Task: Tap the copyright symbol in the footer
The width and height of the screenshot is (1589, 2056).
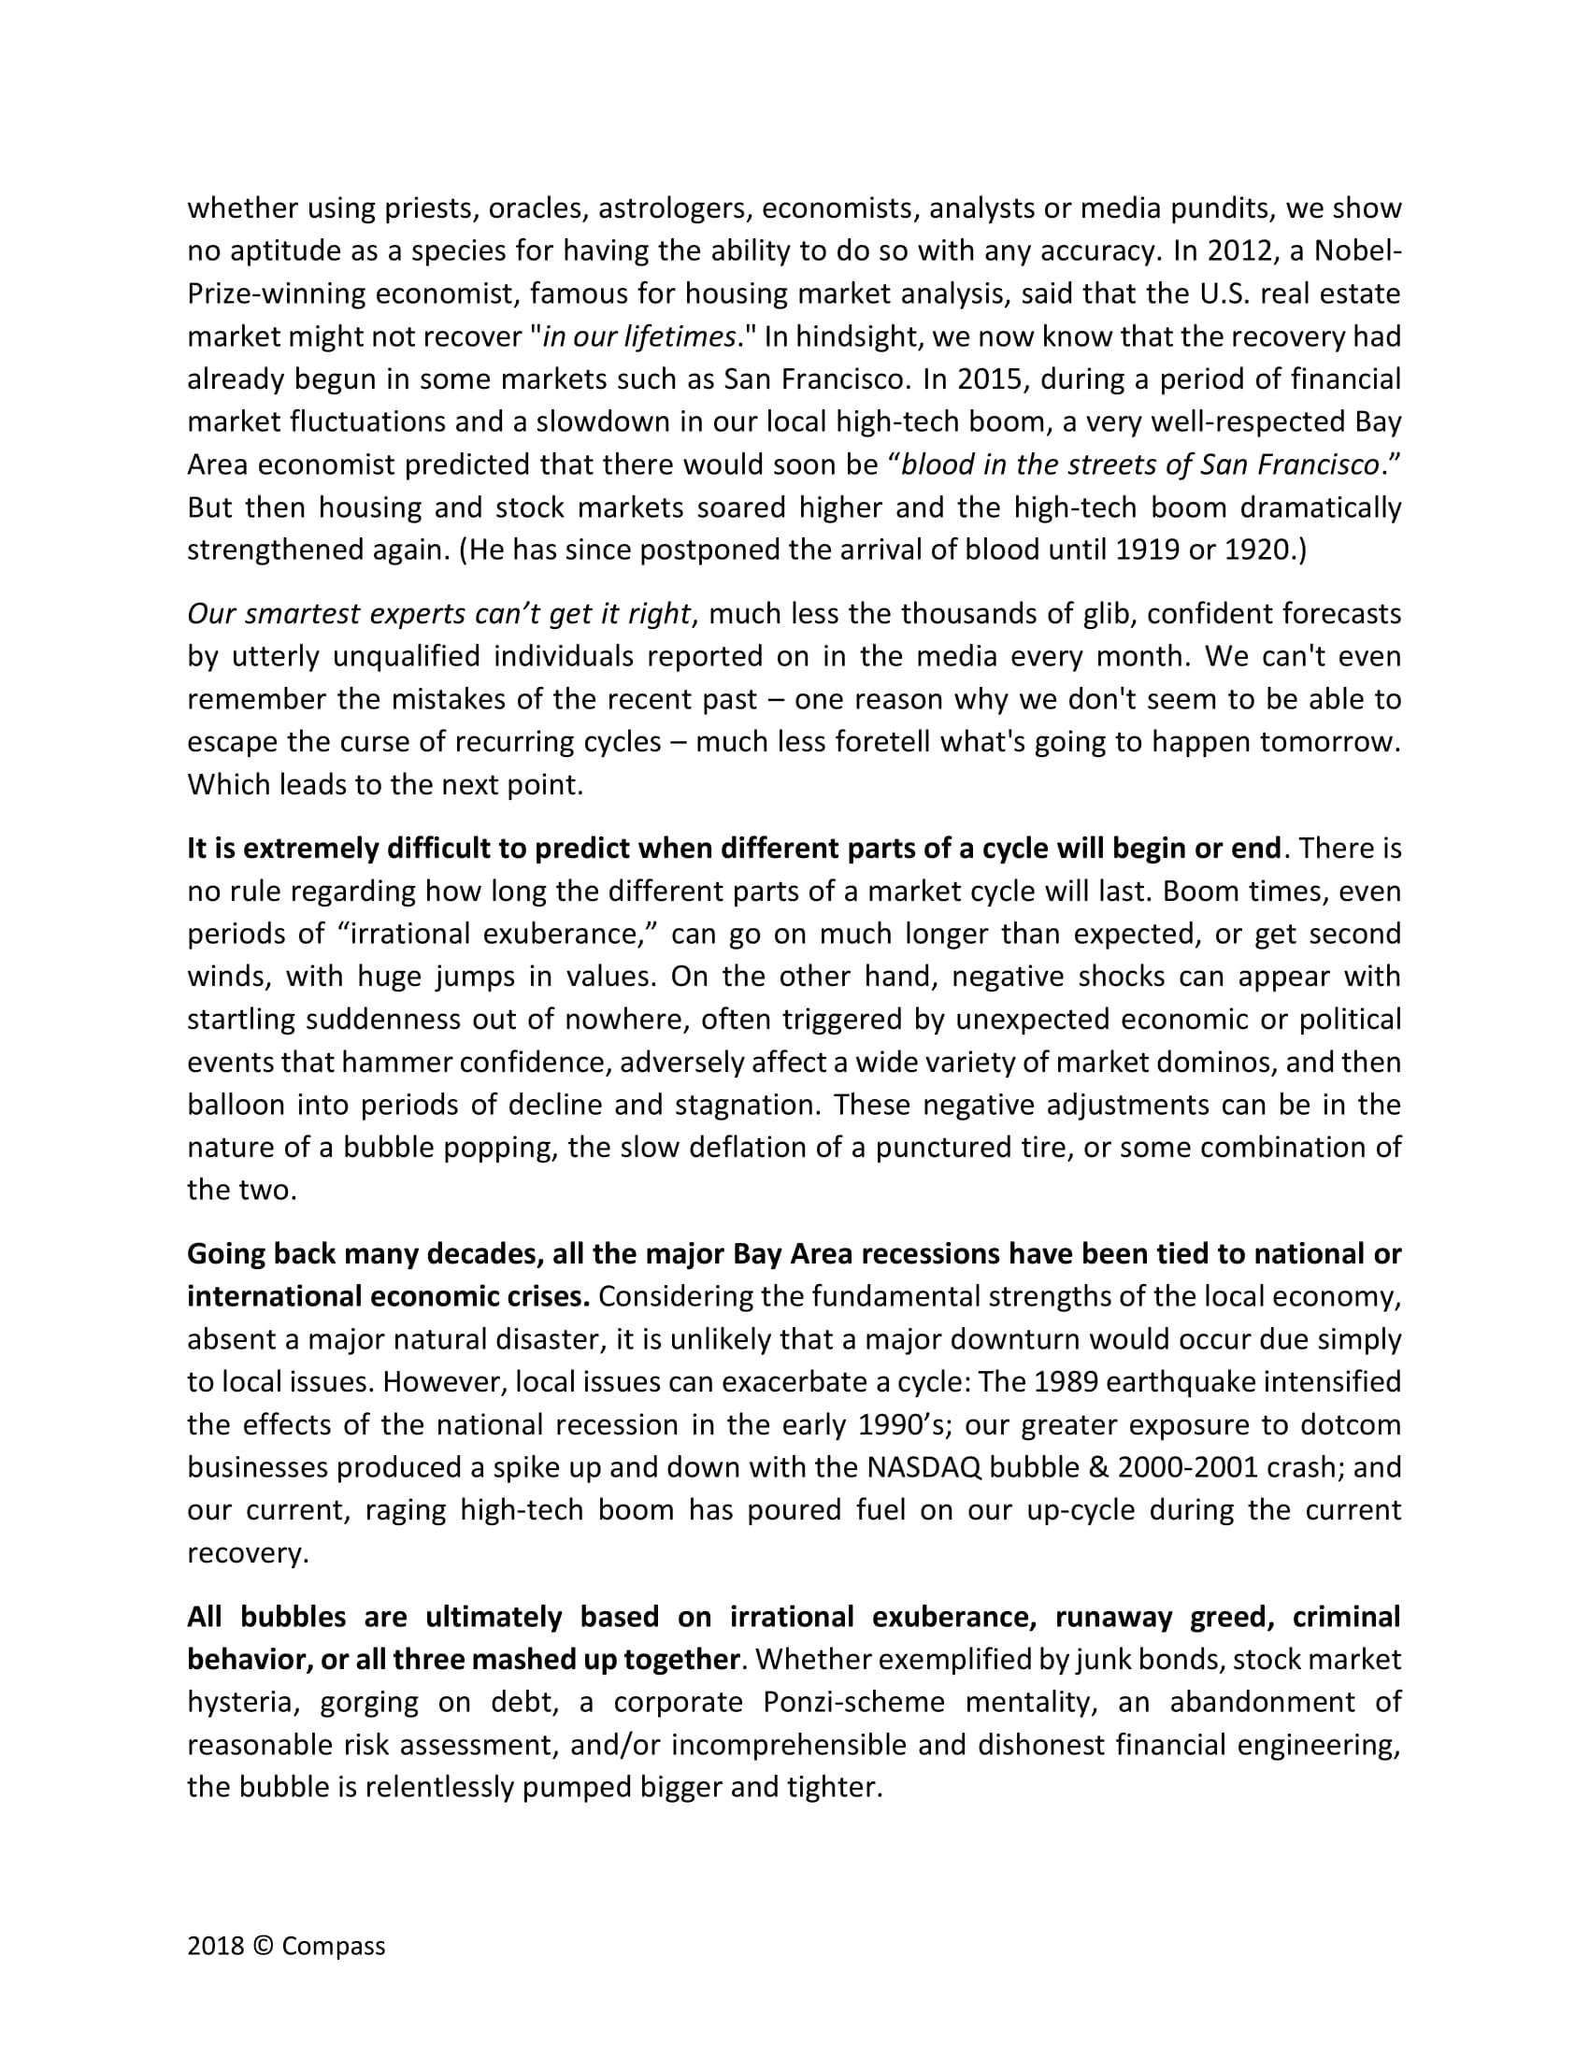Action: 263,1947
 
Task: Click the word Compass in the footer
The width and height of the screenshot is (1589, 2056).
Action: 334,1947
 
